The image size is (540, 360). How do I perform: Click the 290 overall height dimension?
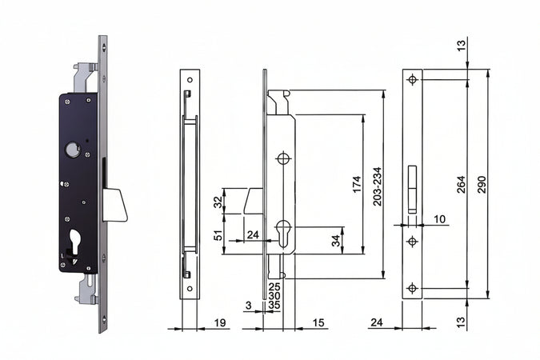click(482, 184)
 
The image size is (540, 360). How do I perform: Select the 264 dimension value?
click(461, 184)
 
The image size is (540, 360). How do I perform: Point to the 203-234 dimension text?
click(378, 186)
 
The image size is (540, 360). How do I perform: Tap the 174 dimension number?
click(357, 184)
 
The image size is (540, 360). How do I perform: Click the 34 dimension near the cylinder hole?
click(336, 240)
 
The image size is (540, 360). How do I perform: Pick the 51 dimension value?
click(218, 235)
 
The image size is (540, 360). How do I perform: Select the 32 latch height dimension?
click(218, 202)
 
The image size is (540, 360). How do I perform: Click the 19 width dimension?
click(220, 322)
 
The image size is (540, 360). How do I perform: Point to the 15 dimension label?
click(318, 322)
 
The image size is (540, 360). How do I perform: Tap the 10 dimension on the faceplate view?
click(439, 219)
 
